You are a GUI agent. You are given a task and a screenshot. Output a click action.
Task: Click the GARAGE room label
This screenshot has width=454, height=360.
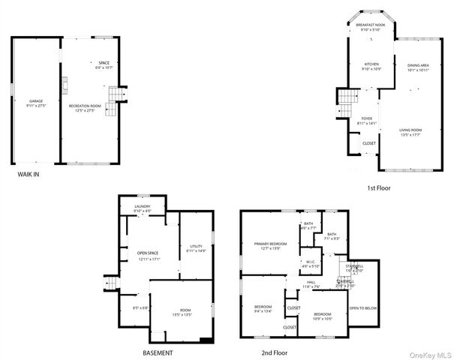pos(36,100)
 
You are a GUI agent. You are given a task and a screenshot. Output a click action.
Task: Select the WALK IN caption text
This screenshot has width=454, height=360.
pos(29,174)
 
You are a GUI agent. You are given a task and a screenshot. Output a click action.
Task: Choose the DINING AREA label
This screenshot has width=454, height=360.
pos(418,66)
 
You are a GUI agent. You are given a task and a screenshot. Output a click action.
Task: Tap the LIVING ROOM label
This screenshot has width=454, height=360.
pos(410,130)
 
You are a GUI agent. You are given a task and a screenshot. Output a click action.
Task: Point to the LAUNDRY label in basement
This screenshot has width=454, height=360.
pos(143,206)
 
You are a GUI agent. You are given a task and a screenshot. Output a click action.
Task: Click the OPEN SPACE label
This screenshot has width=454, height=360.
pos(147,253)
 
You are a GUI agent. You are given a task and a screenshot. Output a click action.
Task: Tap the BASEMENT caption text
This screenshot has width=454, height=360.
pos(158,352)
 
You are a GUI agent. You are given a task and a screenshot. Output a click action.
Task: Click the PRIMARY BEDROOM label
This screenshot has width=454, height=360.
pos(269,244)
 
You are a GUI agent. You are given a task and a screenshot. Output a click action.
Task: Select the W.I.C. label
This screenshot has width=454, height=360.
pos(311,262)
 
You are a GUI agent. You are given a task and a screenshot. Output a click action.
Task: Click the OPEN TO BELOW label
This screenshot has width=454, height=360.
pos(363,308)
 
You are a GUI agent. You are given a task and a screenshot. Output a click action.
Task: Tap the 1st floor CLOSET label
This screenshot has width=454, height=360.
pos(369,143)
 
